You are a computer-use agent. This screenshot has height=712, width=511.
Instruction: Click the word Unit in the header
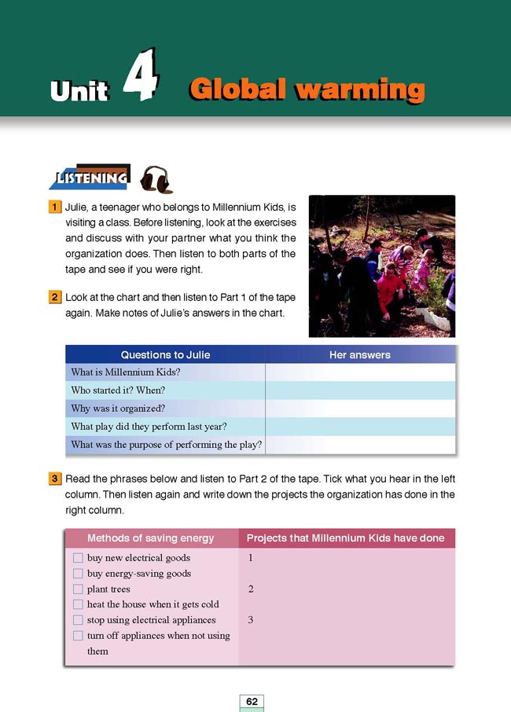79,90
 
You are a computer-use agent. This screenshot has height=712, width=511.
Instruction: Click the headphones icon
155,179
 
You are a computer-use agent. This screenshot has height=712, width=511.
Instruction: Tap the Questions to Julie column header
165,355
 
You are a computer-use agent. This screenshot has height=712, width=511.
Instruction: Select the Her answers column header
359,355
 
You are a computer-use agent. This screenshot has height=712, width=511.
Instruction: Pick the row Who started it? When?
118,391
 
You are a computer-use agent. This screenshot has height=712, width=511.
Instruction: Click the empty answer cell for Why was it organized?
360,409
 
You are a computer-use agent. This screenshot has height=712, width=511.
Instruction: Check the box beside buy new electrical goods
78,558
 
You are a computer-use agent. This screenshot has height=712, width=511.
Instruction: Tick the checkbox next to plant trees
78,589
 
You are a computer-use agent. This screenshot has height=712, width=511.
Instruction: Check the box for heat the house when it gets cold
78,604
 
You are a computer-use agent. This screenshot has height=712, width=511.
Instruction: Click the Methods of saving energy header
151,538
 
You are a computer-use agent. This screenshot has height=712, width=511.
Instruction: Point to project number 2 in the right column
250,589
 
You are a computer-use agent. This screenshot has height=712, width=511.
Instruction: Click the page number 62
252,701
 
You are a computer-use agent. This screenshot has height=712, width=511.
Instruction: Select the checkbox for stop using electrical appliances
78,620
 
